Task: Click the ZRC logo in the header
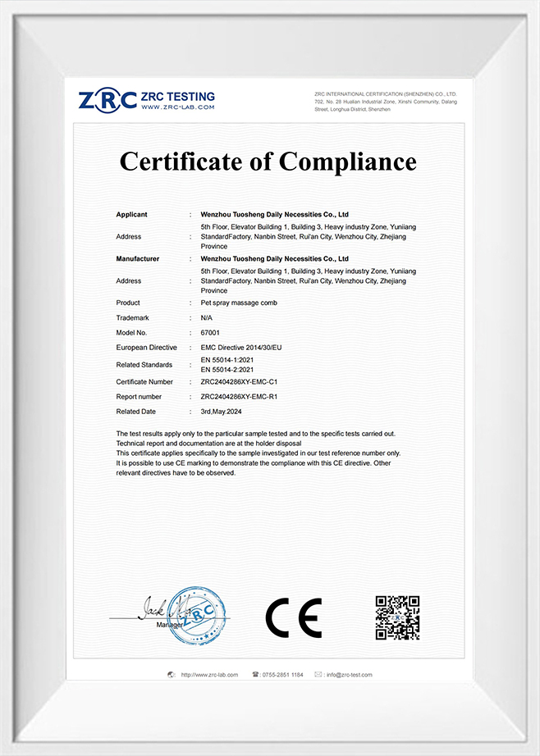(x=108, y=101)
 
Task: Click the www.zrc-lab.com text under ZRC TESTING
(x=177, y=107)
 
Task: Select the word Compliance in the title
(x=348, y=161)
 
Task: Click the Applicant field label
(x=132, y=215)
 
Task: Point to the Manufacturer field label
(x=138, y=258)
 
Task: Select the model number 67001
(x=211, y=332)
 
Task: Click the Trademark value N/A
(x=207, y=317)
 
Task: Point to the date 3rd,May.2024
(x=224, y=411)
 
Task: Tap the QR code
(x=397, y=617)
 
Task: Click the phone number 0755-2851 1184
(x=282, y=675)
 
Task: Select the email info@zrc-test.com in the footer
(x=349, y=675)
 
